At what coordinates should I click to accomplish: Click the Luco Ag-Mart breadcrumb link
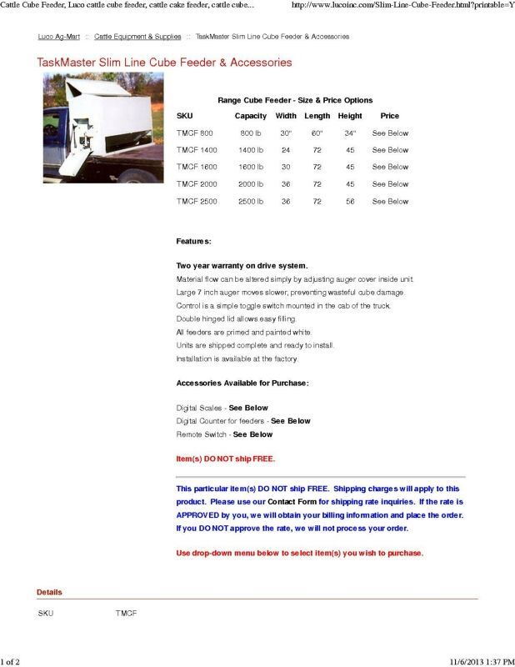(x=58, y=37)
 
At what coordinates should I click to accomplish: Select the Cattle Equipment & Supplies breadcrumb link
(x=137, y=37)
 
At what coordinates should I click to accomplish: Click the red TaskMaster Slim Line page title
(x=164, y=63)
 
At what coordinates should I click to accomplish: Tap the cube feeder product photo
(x=103, y=128)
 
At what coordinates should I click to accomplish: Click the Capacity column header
(x=250, y=116)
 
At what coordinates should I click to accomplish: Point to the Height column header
(x=350, y=116)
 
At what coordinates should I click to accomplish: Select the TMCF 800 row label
(x=195, y=133)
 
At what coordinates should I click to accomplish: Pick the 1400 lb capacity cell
(x=251, y=150)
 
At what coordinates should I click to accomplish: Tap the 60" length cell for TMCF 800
(x=317, y=133)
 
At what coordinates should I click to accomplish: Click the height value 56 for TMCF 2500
(x=350, y=201)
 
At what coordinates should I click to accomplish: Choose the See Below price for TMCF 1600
(x=390, y=167)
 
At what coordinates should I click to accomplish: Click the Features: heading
(x=193, y=242)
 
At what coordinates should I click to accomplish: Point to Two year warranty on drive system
(x=242, y=265)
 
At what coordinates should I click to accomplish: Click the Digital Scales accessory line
(x=222, y=408)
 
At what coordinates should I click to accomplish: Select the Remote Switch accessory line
(x=224, y=434)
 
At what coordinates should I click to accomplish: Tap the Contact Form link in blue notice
(x=292, y=502)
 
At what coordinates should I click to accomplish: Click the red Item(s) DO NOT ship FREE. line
(x=225, y=459)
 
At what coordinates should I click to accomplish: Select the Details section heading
(x=49, y=592)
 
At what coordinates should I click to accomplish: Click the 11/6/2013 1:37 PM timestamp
(x=482, y=661)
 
